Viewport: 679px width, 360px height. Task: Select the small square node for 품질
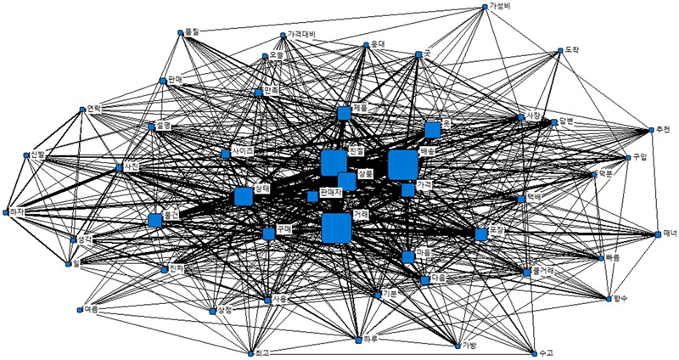coord(181,33)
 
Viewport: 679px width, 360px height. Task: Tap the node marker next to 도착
coord(560,51)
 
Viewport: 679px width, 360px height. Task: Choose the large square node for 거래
coord(336,228)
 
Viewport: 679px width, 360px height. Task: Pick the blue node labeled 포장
coord(481,233)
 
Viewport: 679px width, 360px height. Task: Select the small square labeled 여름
coord(81,309)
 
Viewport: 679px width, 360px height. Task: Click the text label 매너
coord(670,233)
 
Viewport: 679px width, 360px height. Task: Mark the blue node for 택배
coord(521,200)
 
